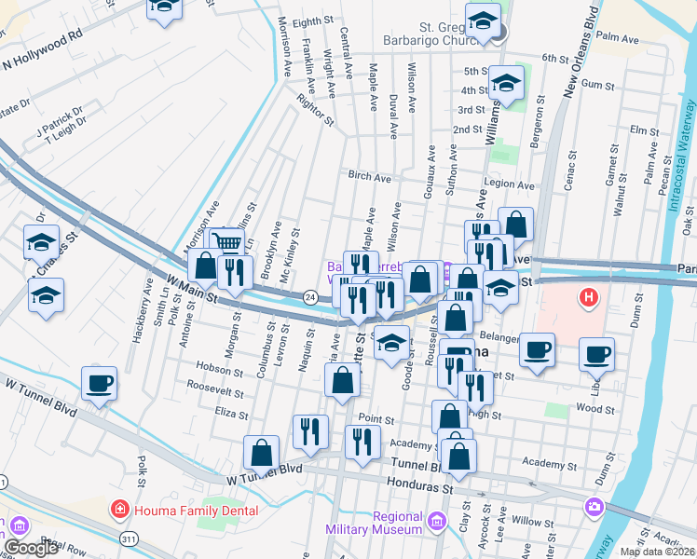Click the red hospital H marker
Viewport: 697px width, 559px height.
point(589,299)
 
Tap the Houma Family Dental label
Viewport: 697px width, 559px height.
point(175,509)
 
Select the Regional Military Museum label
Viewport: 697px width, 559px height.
point(398,523)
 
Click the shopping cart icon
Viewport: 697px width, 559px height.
point(228,243)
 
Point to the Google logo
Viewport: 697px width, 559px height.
point(30,548)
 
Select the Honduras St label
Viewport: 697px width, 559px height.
point(418,487)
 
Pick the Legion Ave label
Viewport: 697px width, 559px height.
point(509,185)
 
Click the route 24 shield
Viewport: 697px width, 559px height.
point(310,296)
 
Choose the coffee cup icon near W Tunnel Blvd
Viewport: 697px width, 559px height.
point(99,383)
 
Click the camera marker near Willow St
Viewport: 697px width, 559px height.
point(594,507)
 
